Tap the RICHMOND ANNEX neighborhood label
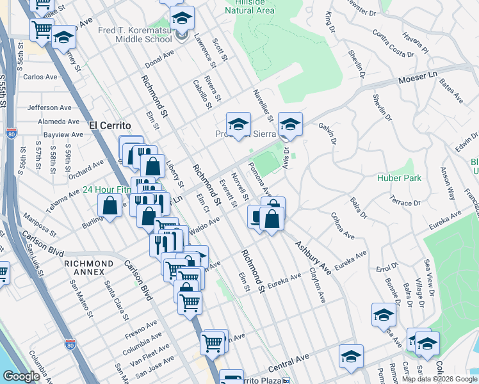coord(89,263)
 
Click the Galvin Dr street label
coord(327,134)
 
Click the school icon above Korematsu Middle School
coord(182,17)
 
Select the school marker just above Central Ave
coord(351,356)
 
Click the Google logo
coord(22,377)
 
